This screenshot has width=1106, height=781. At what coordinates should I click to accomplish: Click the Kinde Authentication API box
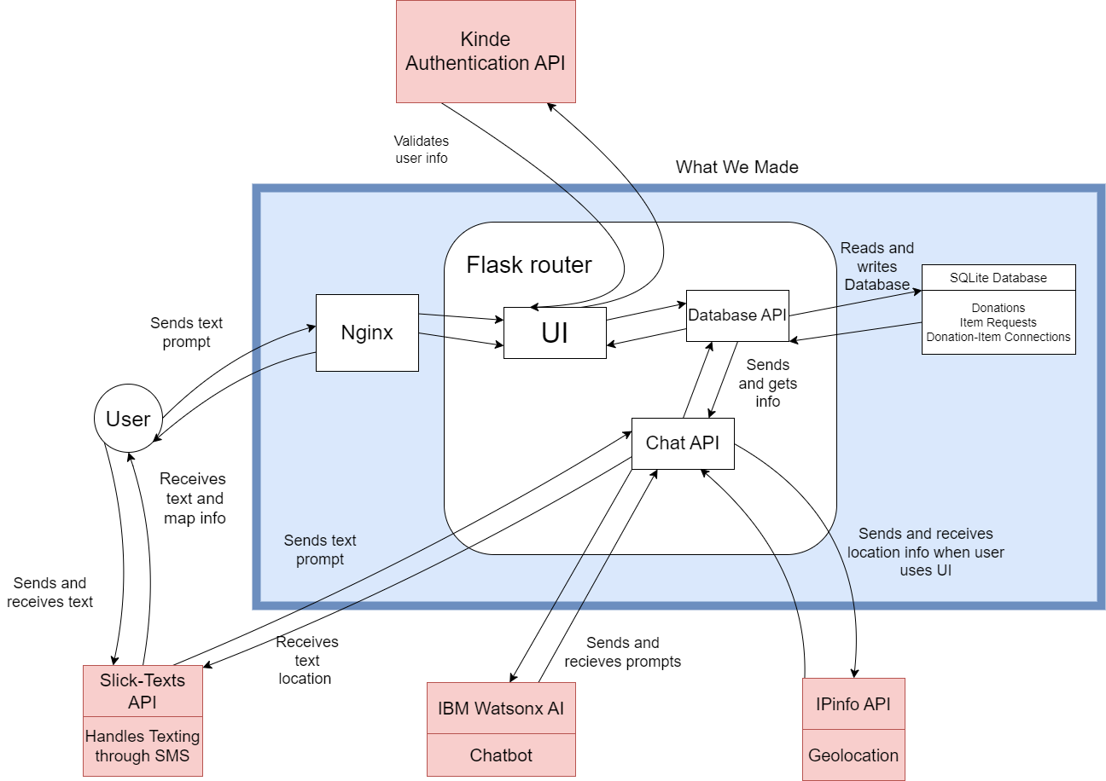[x=486, y=51]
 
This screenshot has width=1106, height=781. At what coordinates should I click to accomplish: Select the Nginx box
[x=367, y=333]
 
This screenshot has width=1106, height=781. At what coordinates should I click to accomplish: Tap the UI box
[x=555, y=333]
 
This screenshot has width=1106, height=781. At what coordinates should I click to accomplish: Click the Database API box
[x=737, y=315]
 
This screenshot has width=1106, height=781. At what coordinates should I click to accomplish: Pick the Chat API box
[x=683, y=443]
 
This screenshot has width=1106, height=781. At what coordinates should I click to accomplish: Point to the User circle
[x=128, y=419]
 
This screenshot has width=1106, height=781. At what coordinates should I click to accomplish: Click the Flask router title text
[x=529, y=264]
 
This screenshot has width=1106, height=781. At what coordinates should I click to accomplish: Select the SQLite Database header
[x=998, y=278]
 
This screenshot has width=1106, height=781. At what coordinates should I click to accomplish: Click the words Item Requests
[x=998, y=322]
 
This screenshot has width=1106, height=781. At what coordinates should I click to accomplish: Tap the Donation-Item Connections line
[x=998, y=337]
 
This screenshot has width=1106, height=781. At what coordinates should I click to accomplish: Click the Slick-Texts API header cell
[x=143, y=691]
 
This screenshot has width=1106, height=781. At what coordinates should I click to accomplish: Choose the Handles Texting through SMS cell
[x=143, y=745]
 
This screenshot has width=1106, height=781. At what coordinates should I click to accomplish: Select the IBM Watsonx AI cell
[x=501, y=708]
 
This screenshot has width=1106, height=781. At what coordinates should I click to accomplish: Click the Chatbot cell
[x=501, y=755]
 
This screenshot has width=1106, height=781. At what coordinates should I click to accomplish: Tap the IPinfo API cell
[x=853, y=704]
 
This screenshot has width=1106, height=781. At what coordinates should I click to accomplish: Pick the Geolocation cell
[x=853, y=755]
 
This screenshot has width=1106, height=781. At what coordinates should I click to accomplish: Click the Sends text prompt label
[x=320, y=550]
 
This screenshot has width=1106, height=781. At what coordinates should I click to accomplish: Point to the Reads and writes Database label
[x=877, y=266]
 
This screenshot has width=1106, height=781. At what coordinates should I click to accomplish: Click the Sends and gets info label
[x=768, y=383]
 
